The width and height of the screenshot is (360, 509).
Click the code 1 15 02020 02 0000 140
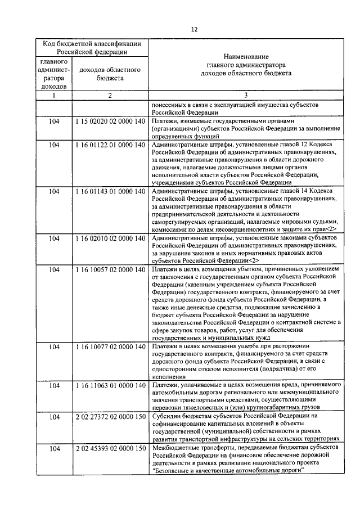click(110, 121)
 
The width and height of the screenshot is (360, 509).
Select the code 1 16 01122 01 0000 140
click(110, 145)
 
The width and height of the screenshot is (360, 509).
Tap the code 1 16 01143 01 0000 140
click(110, 192)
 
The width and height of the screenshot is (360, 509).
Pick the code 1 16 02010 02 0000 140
click(110, 239)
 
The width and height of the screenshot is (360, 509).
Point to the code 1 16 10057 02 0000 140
click(110, 270)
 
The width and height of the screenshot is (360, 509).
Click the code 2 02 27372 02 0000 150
click(110, 416)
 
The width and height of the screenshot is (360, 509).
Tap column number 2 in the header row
click(110, 95)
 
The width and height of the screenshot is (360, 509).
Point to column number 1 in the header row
click(55, 95)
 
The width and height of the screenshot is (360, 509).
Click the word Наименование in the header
click(245, 56)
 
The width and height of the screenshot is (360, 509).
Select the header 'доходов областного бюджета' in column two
click(110, 74)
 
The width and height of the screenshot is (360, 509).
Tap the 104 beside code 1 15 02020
click(55, 121)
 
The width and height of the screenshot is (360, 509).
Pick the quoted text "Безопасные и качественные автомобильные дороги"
click(227, 471)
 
